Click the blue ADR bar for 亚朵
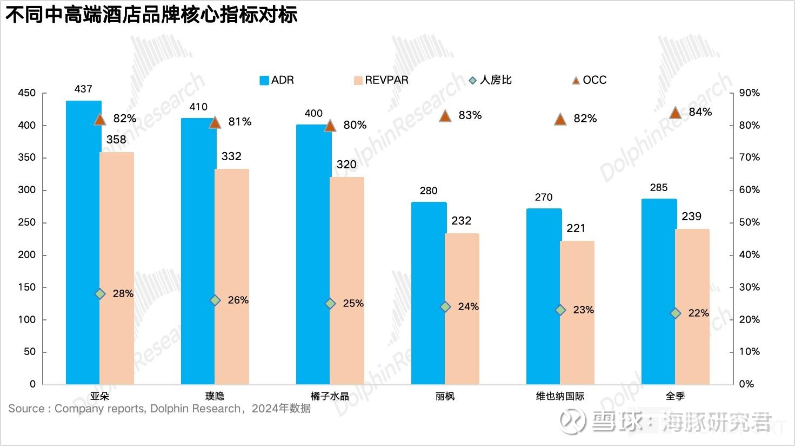(83, 244)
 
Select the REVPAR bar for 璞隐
(232, 276)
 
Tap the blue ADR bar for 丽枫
(428, 292)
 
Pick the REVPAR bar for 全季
(692, 306)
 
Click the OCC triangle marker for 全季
(675, 113)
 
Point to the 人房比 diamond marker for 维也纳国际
(560, 310)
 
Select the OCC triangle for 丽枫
(445, 116)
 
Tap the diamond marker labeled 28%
(100, 294)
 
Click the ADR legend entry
(277, 80)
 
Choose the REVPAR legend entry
(381, 80)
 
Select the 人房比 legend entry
(490, 80)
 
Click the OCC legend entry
(589, 80)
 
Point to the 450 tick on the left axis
(27, 93)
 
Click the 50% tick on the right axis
(749, 222)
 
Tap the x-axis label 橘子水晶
(330, 396)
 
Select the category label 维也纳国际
(560, 396)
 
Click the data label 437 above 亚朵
(83, 89)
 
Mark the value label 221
(576, 228)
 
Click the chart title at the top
(151, 15)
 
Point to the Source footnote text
(159, 409)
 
